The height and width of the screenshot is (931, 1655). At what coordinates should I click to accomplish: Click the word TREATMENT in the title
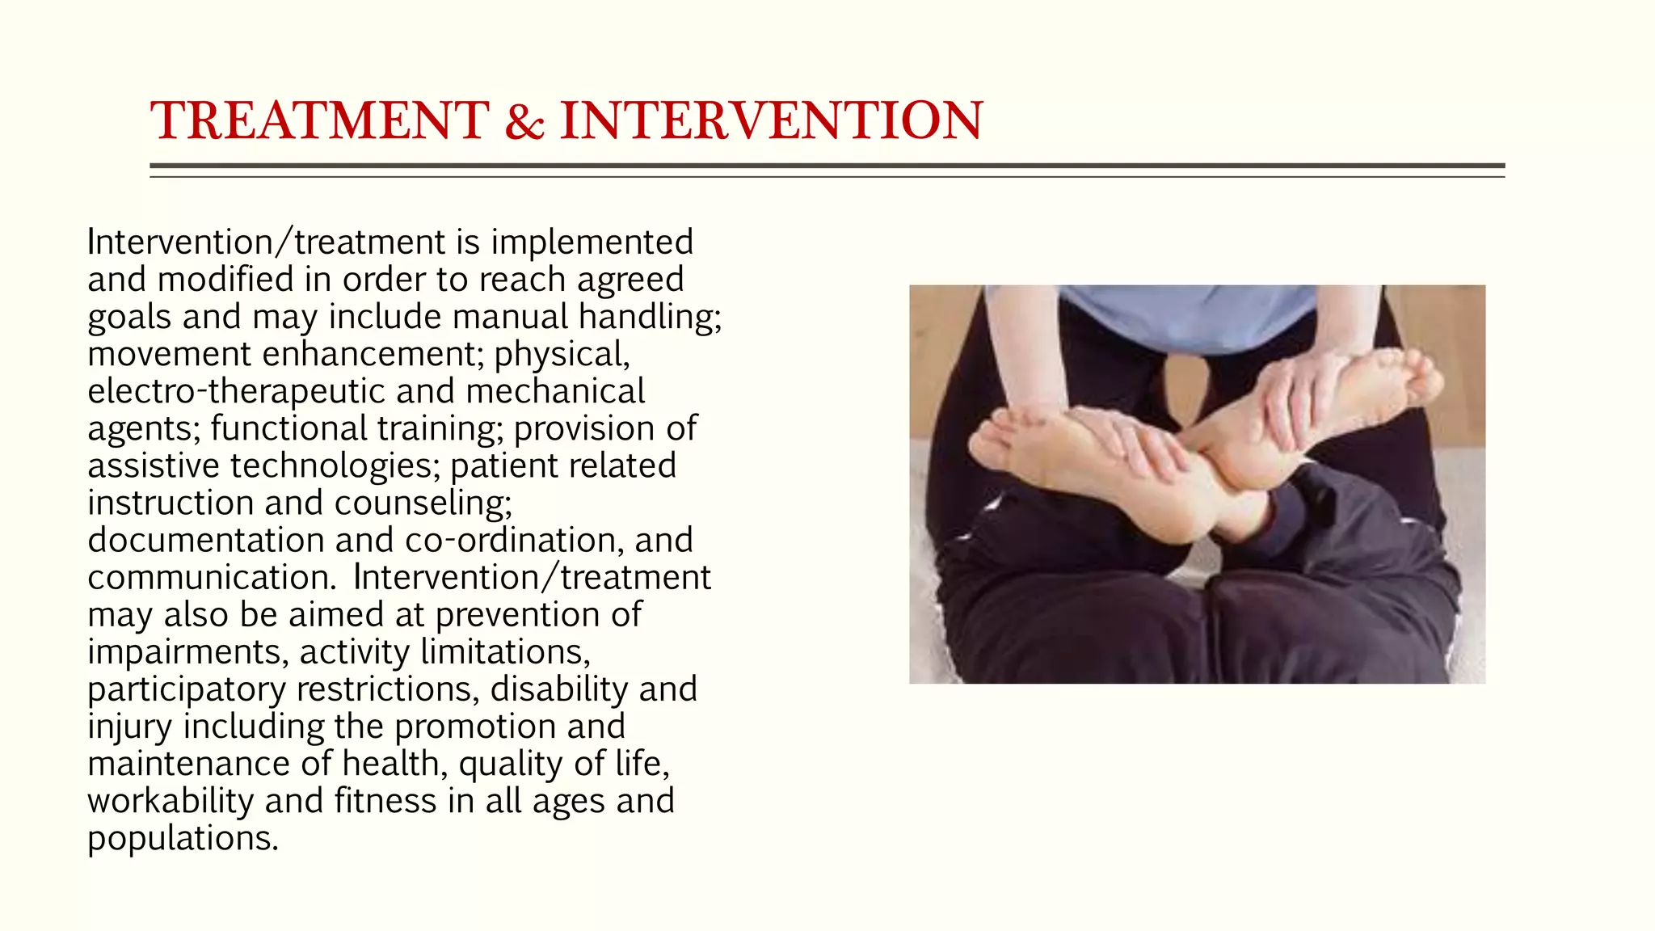pyautogui.click(x=320, y=121)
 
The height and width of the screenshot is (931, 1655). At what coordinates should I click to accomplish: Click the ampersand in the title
pyautogui.click(x=524, y=121)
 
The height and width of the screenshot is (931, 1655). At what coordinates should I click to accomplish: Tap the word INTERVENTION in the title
pyautogui.click(x=772, y=121)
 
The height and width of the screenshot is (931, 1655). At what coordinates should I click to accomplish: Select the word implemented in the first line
pyautogui.click(x=592, y=242)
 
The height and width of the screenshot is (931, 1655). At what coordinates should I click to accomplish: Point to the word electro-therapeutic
pyautogui.click(x=236, y=391)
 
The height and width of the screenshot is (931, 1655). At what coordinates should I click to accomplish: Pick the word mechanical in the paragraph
pyautogui.click(x=555, y=391)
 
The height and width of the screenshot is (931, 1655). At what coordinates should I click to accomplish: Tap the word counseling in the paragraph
pyautogui.click(x=423, y=503)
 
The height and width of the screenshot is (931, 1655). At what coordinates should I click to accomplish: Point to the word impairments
pyautogui.click(x=187, y=652)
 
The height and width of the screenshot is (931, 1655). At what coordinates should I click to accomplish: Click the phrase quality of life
pyautogui.click(x=564, y=764)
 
